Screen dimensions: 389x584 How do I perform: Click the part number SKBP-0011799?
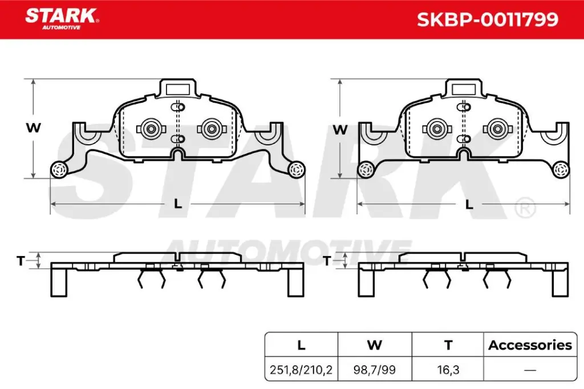[x=487, y=20]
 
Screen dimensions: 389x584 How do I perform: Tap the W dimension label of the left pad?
[x=34, y=128]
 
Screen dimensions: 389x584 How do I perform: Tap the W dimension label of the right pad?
[x=340, y=129]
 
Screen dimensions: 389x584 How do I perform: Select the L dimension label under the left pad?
[x=177, y=204]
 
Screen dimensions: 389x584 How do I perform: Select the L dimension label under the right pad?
[x=469, y=204]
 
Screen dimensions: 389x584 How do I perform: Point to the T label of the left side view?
[x=21, y=261]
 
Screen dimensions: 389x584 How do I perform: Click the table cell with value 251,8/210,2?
[x=302, y=370]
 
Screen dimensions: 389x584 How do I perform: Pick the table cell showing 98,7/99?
[x=374, y=370]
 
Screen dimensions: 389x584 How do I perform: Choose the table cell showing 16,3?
[x=448, y=370]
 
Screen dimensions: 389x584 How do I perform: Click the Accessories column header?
[x=530, y=345]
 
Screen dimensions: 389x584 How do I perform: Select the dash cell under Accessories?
[x=530, y=370]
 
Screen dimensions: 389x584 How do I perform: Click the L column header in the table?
[x=302, y=345]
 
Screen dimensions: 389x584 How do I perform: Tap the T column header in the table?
[x=448, y=345]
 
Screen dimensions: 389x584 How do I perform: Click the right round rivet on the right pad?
[x=498, y=128]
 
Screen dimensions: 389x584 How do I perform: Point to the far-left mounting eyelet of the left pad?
[x=58, y=169]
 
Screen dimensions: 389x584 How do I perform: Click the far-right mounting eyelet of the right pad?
[x=561, y=169]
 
